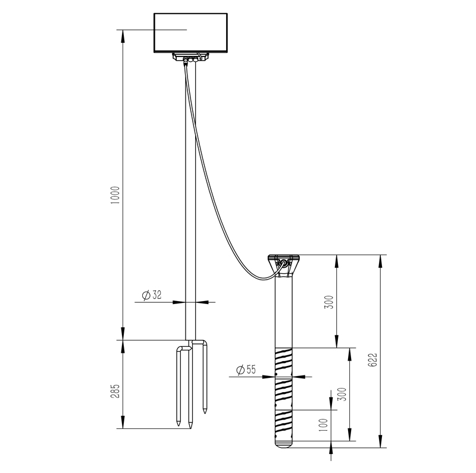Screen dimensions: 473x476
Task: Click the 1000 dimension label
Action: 115,196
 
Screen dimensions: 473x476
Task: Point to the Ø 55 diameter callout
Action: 245,370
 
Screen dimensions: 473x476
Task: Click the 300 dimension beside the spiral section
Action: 341,394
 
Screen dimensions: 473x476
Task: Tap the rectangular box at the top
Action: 191,32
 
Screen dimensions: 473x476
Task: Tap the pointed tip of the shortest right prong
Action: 205,412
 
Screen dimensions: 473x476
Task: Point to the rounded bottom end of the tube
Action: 284,443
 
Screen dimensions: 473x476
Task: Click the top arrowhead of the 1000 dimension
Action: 123,32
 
